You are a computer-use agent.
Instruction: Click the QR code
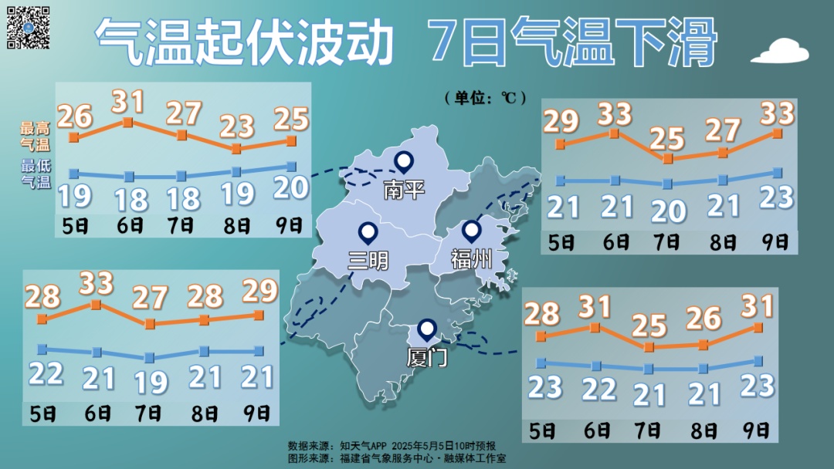[29, 27]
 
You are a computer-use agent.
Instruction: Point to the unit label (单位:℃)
[485, 98]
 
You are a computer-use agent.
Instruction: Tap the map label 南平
[404, 189]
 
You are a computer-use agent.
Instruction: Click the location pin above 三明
[368, 232]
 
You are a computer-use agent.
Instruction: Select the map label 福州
[470, 258]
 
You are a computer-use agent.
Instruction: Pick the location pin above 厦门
[426, 330]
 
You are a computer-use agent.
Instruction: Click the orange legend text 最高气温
[36, 136]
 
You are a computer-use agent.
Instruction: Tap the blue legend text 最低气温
[36, 174]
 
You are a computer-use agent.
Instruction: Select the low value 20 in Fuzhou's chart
[668, 209]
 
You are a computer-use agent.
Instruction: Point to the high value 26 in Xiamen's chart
[703, 318]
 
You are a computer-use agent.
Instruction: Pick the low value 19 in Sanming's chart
[150, 380]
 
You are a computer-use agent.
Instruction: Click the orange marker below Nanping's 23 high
[236, 148]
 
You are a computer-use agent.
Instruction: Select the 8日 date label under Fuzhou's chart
[724, 241]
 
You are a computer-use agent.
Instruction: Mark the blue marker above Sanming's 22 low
[42, 349]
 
